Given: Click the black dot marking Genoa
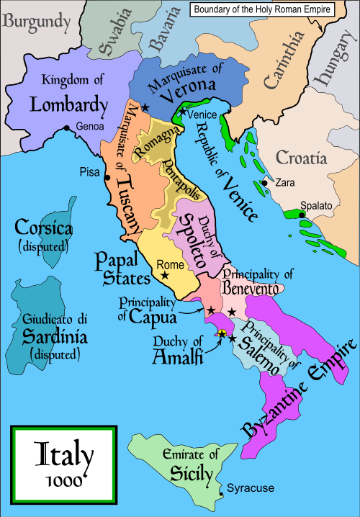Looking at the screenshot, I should click(67, 128).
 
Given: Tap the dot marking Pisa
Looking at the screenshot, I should click(107, 177).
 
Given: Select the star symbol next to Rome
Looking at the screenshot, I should click(166, 275).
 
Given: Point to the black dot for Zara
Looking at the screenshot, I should click(265, 183).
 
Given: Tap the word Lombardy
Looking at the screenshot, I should click(68, 105).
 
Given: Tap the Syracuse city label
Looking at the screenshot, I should click(250, 488).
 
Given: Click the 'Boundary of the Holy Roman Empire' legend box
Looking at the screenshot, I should click(272, 9).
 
